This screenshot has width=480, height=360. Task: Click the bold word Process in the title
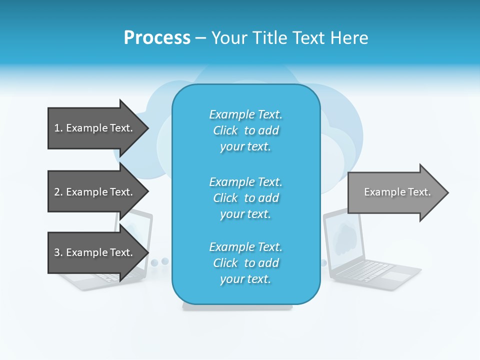pos(157,38)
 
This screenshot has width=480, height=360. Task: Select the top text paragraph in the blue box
pos(245,130)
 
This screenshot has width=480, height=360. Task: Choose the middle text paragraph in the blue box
pos(245,198)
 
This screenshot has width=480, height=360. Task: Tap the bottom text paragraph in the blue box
pos(245,263)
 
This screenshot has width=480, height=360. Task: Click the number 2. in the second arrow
pos(58,192)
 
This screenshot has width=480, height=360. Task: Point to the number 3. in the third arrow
pos(58,252)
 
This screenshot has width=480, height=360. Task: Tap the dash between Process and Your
pos(200,38)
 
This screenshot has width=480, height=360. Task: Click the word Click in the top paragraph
pos(225,130)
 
